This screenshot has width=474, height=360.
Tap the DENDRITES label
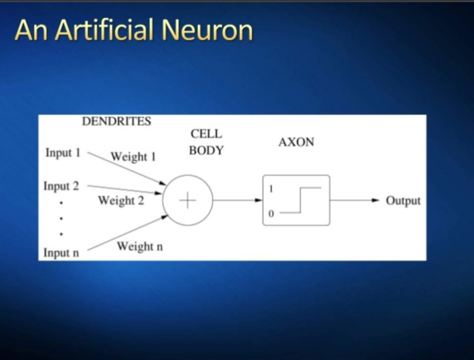pyautogui.click(x=117, y=122)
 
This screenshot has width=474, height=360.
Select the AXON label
pyautogui.click(x=296, y=142)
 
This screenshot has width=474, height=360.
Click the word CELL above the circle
pyautogui.click(x=206, y=134)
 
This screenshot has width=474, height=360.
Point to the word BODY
pyautogui.click(x=206, y=150)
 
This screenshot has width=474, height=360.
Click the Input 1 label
pyautogui.click(x=62, y=153)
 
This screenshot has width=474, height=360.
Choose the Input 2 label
pyautogui.click(x=61, y=186)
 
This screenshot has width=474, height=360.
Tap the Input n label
pyautogui.click(x=61, y=252)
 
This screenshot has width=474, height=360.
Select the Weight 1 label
pyautogui.click(x=133, y=157)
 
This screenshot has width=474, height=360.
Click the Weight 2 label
pyautogui.click(x=121, y=200)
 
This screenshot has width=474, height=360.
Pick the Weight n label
pyautogui.click(x=139, y=246)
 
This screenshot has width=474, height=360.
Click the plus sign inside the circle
pyautogui.click(x=187, y=200)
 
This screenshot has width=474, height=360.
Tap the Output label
pyautogui.click(x=403, y=200)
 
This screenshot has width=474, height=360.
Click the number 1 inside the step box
pyautogui.click(x=271, y=189)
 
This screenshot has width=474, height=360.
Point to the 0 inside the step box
pyautogui.click(x=271, y=213)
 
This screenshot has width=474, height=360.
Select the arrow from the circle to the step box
pyautogui.click(x=237, y=200)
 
